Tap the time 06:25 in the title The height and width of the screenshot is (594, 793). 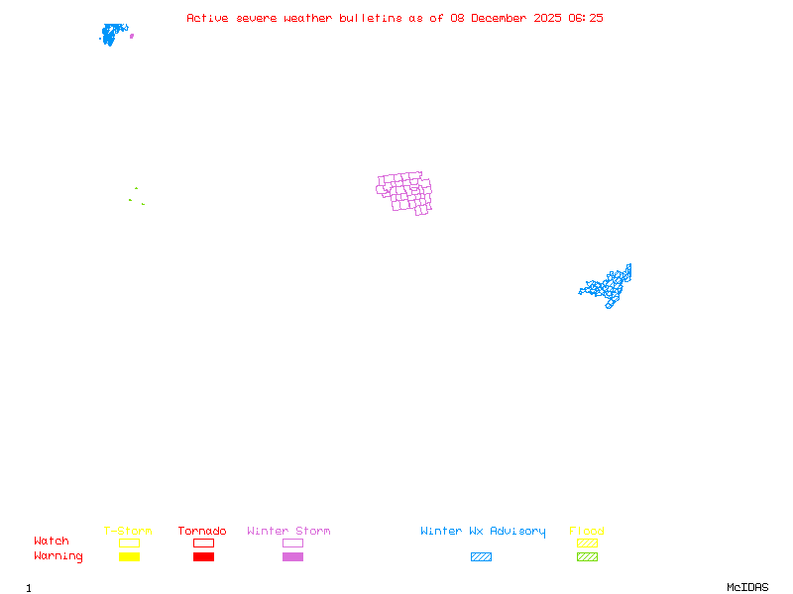click(586, 18)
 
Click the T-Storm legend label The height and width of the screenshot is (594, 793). click(128, 532)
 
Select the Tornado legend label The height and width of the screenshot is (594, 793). click(202, 532)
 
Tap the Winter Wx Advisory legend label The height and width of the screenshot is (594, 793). click(483, 532)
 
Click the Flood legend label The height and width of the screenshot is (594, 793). click(587, 532)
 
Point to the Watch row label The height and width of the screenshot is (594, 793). click(52, 542)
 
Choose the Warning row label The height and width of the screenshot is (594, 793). click(58, 556)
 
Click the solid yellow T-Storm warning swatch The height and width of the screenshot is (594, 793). click(129, 557)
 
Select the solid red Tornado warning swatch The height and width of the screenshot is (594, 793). click(203, 557)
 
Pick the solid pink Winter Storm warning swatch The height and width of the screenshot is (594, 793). click(292, 557)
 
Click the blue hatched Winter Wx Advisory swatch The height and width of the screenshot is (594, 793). click(481, 557)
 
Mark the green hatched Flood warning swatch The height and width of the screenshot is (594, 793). click(587, 557)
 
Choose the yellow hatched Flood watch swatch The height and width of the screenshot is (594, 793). click(587, 543)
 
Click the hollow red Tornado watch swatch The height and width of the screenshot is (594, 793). click(203, 543)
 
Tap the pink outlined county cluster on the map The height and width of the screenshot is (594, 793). click(405, 193)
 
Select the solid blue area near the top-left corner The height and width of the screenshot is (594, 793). click(113, 35)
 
